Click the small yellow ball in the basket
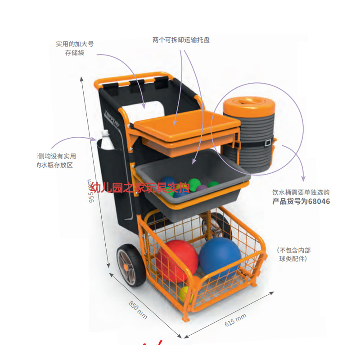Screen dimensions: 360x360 tap(185, 294)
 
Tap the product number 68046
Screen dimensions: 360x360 tap(318, 201)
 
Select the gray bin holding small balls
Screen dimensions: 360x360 tap(189, 178)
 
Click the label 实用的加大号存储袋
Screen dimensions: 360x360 tap(75, 49)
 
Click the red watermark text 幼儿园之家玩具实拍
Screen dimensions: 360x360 tap(139, 187)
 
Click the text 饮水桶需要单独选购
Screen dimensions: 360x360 tap(301, 193)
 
